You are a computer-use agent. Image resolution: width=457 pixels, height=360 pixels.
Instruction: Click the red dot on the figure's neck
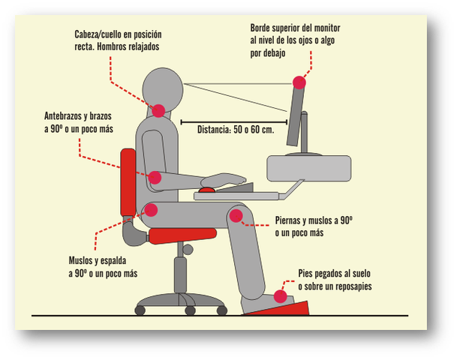158,110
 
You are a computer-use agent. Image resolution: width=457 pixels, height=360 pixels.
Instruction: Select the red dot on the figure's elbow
155,178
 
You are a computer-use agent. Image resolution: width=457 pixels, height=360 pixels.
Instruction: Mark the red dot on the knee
236,217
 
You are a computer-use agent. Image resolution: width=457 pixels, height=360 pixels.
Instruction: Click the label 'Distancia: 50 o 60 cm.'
235,129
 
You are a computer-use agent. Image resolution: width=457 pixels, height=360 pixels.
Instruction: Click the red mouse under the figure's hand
206,190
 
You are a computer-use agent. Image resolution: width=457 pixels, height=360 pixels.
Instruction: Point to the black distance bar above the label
234,120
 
